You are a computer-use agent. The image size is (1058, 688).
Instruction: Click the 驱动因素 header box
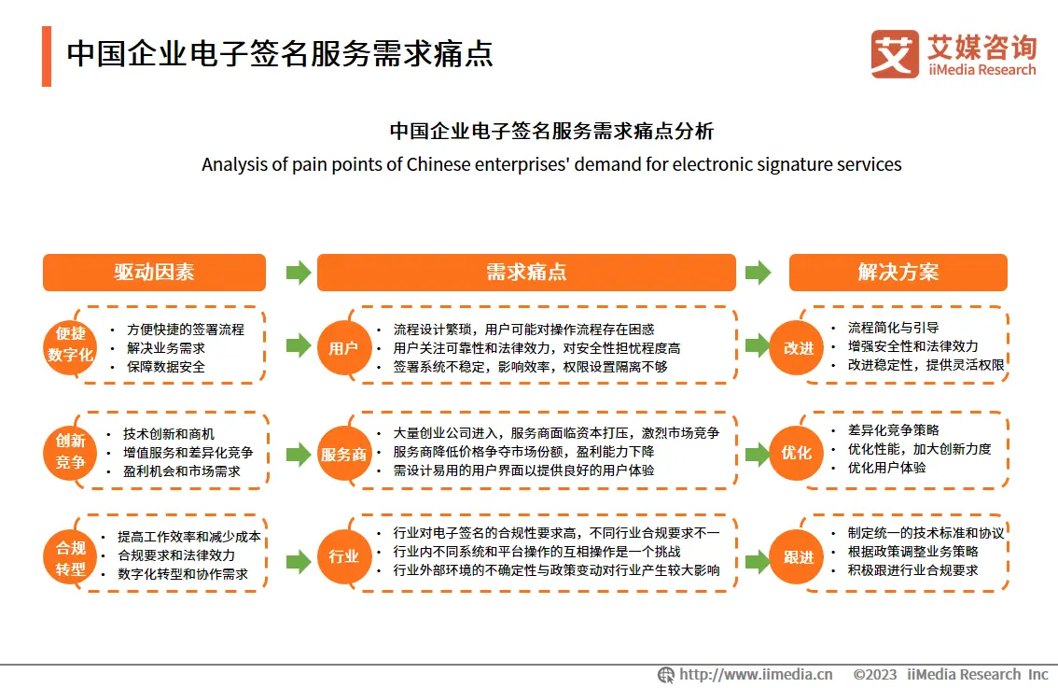[x=154, y=272]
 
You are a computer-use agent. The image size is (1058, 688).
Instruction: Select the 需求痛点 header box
[x=526, y=272]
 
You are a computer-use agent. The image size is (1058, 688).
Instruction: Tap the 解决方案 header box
[x=898, y=272]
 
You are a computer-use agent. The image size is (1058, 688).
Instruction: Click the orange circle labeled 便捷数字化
[x=70, y=345]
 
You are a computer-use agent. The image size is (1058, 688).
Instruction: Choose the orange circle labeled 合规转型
[x=70, y=558]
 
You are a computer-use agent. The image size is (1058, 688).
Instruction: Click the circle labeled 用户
[x=344, y=348]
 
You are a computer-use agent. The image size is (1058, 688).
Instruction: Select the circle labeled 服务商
[x=344, y=454]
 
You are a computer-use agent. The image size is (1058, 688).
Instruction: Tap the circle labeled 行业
[x=344, y=557]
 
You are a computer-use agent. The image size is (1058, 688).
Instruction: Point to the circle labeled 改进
[x=797, y=348]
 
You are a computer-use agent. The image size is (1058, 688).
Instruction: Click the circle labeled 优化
[x=797, y=453]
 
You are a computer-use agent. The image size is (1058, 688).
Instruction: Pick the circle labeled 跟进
[x=797, y=557]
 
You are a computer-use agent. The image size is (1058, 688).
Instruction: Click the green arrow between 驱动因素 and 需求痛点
[x=299, y=273]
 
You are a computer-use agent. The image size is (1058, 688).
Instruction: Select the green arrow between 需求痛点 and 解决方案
[x=758, y=273]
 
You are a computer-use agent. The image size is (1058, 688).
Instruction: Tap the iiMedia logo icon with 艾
[x=895, y=54]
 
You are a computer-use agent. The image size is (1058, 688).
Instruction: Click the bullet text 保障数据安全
[x=166, y=367]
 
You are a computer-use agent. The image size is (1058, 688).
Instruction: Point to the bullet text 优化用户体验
[x=886, y=467]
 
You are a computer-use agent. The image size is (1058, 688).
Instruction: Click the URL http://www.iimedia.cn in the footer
[x=756, y=675]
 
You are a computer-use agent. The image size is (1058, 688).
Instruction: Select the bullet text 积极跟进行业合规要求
[x=913, y=570]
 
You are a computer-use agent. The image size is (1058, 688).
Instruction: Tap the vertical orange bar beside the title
[x=47, y=56]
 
